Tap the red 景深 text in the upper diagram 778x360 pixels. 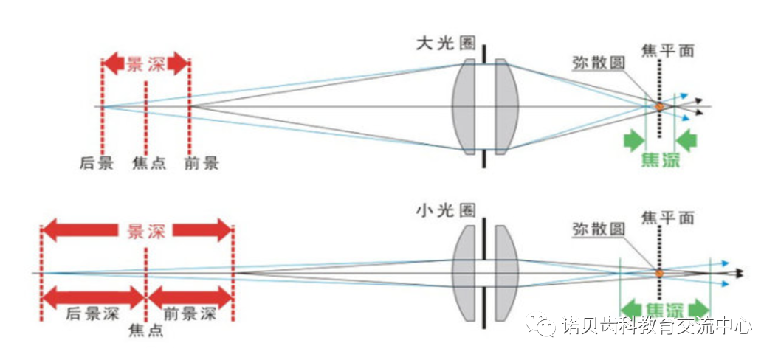click(145, 63)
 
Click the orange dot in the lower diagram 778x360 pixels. click(658, 273)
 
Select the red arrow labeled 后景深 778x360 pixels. click(92, 299)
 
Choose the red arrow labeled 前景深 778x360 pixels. click(190, 299)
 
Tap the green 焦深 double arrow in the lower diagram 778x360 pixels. click(664, 308)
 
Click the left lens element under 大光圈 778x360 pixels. click(464, 107)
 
